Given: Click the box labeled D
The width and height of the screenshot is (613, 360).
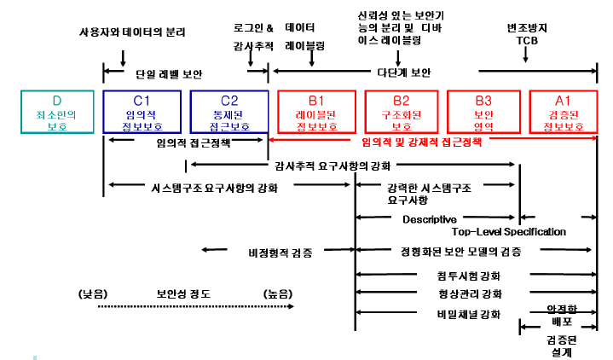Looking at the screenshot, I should coord(58,112).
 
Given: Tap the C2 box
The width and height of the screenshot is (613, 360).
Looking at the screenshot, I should coord(228,112).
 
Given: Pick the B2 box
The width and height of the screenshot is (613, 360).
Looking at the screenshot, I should coord(397,112).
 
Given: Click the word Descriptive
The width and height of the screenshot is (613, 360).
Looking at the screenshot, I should coord(430,218).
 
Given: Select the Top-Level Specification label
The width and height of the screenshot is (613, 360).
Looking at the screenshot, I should coord(508,231).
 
